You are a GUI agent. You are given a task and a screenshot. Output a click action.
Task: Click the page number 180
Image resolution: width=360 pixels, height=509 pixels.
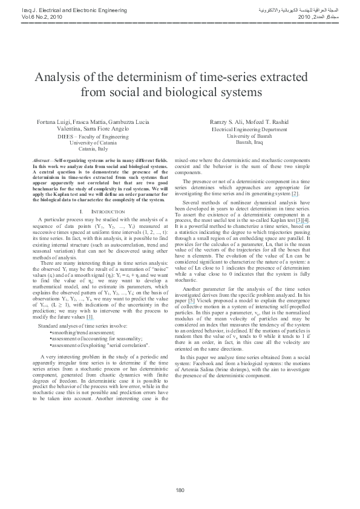point(180,490)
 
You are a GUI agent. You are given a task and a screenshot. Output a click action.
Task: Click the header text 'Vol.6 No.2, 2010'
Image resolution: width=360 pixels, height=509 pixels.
point(25,18)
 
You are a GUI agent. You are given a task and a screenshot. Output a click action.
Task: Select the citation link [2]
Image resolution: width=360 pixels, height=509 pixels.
point(295,193)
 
